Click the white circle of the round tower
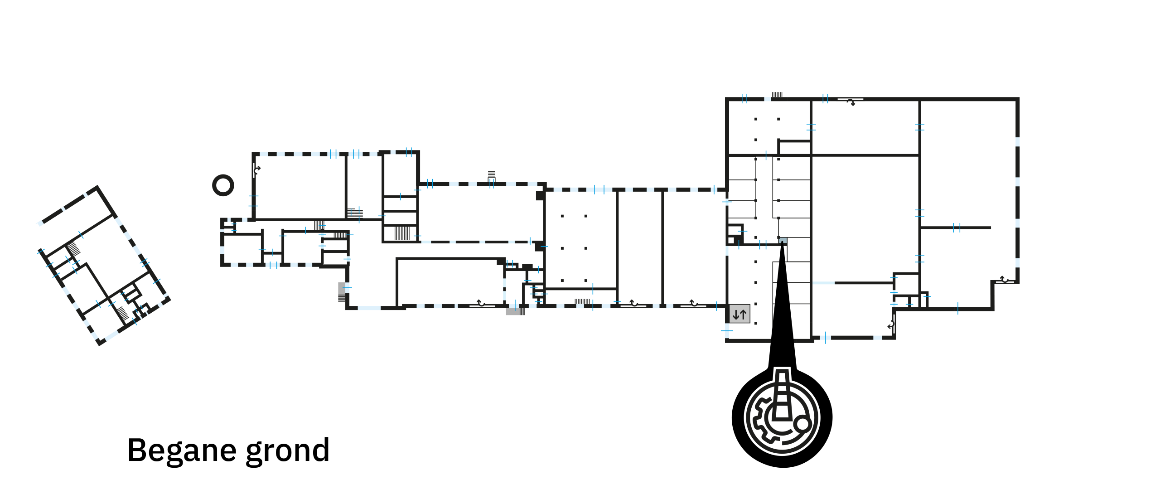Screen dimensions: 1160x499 tap(223, 185)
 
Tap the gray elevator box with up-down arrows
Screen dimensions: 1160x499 tap(739, 314)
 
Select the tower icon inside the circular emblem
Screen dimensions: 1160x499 tap(781, 394)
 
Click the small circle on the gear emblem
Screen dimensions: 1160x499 tap(802, 424)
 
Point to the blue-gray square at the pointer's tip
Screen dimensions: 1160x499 tap(783, 240)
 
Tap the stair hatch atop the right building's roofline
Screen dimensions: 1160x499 tap(777, 95)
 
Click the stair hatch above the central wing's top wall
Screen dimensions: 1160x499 tap(492, 175)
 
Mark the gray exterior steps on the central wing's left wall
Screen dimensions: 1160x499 tap(341, 291)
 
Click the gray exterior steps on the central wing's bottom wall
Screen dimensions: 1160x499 tap(515, 312)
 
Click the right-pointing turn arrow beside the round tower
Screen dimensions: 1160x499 tap(257, 170)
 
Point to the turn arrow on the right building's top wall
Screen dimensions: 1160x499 tap(851, 102)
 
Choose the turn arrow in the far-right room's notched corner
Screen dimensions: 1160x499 tap(1004, 279)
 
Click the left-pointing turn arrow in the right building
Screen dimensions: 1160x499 tap(890, 325)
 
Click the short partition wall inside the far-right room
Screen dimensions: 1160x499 tap(956, 228)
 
